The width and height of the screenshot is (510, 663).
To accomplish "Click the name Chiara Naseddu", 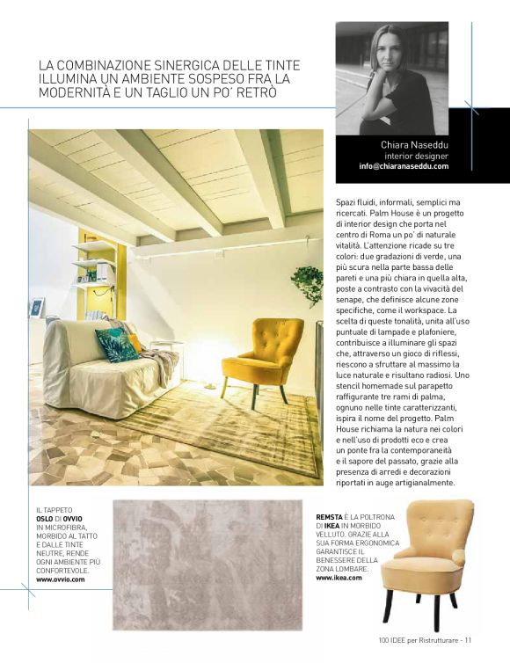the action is coord(414,143).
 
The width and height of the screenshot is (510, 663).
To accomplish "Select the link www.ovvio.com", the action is coord(60,580).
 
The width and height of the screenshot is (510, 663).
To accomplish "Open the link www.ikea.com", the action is coord(339,579).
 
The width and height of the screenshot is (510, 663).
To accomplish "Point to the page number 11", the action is coord(470,640).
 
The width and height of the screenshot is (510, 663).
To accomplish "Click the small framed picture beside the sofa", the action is coord(37,308).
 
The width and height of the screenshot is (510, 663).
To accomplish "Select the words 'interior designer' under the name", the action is coord(417,156).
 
